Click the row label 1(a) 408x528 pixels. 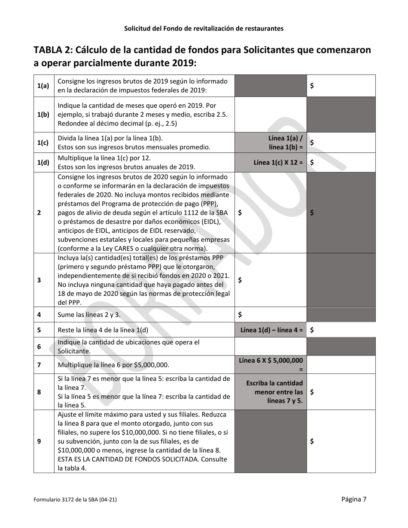tap(43, 86)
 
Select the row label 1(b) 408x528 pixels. tap(43, 115)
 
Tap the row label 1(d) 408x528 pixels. tap(43, 163)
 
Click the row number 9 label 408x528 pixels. tap(39, 441)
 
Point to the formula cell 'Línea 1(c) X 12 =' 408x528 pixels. tap(278, 163)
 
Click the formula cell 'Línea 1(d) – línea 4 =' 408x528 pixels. tap(271, 330)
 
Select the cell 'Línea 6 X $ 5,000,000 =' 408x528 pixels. tap(271, 364)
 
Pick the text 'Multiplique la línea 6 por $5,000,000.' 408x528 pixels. tap(113, 365)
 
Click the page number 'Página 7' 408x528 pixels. tap(354, 499)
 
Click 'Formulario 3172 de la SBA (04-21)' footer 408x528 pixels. tap(75, 500)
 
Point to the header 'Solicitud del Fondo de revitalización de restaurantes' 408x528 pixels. tap(204, 29)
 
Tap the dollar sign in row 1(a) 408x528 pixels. tap(312, 86)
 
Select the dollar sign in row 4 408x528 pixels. tap(240, 315)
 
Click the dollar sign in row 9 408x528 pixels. tap(312, 441)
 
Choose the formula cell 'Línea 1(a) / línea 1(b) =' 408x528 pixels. tap(286, 143)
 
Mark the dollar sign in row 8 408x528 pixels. tap(312, 392)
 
